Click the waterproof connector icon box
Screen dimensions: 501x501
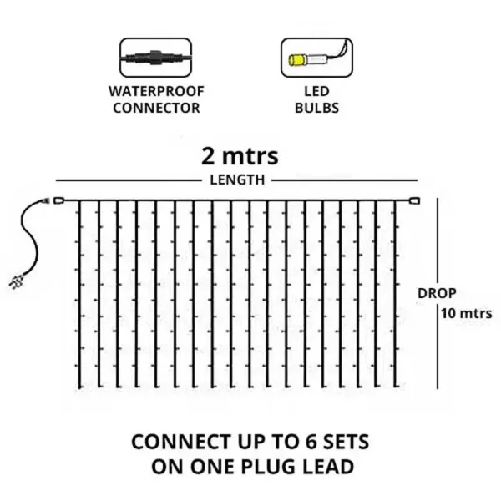click(155, 59)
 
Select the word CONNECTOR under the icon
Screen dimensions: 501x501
click(156, 108)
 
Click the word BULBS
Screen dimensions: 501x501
click(310, 108)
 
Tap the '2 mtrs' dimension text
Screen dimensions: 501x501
click(239, 156)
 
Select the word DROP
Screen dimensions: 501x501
click(437, 294)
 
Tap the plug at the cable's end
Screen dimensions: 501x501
click(17, 281)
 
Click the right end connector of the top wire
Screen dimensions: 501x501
click(413, 200)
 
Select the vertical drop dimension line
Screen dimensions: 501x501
click(437, 351)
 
